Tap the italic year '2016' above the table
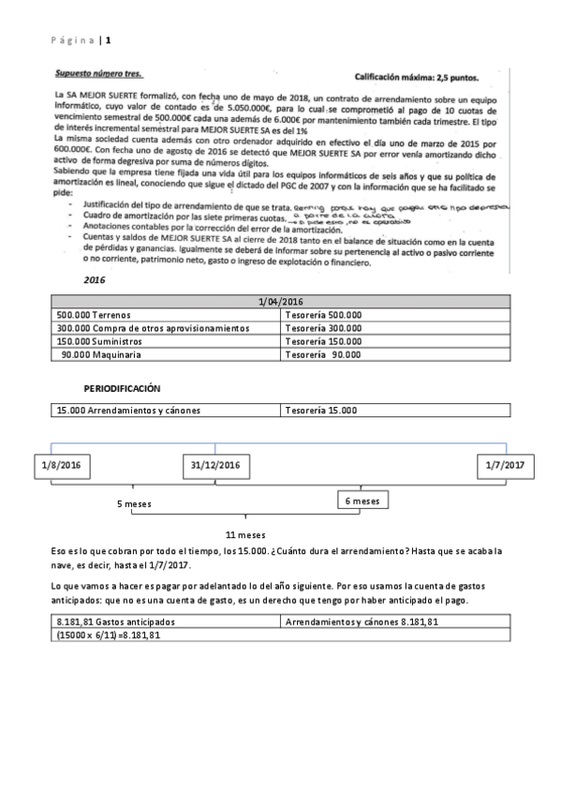[95, 279]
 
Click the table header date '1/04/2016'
[280, 302]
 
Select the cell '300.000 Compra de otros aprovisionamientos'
[152, 328]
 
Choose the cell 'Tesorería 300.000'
[323, 328]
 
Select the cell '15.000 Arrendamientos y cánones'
[128, 410]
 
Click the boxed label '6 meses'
[362, 502]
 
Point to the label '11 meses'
[245, 534]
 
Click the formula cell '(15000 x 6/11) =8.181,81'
[110, 635]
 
